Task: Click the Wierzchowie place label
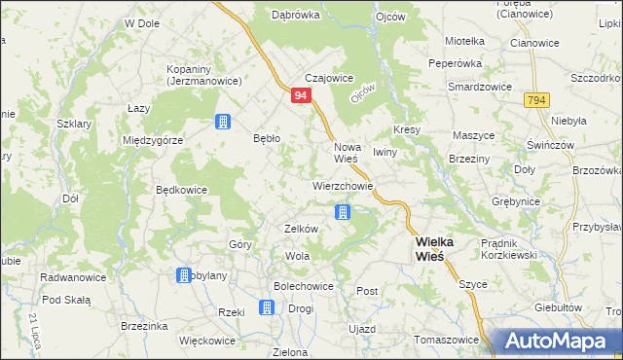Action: pyautogui.click(x=343, y=185)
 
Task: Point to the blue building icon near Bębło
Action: pyautogui.click(x=223, y=122)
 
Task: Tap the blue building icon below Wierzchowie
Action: pyautogui.click(x=343, y=211)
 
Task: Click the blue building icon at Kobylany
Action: pyautogui.click(x=183, y=276)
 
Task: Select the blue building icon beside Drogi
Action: pyautogui.click(x=267, y=307)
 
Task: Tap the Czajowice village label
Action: pyautogui.click(x=328, y=79)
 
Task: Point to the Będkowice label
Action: pyautogui.click(x=182, y=190)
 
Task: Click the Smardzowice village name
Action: pyautogui.click(x=479, y=87)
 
